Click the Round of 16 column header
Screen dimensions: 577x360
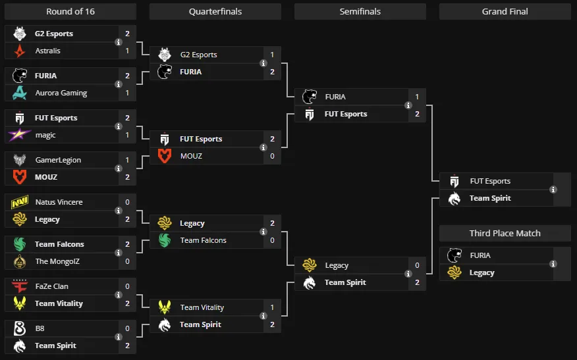pos(70,11)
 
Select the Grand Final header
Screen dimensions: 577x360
pos(505,11)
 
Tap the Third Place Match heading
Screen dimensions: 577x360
pos(505,233)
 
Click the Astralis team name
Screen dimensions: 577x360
pos(48,51)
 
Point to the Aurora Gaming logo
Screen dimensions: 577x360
pos(20,93)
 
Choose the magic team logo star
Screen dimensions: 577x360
pos(20,135)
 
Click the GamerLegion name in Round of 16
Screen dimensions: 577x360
pos(58,160)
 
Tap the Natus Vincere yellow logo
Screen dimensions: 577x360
pos(20,202)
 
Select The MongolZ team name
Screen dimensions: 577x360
pos(57,261)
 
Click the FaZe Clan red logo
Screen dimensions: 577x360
pos(20,286)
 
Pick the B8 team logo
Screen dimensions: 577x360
pos(20,328)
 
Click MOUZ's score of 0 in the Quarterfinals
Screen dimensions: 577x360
pos(272,156)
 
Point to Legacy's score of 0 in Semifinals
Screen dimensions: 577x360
pos(417,265)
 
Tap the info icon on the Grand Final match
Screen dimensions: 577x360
pos(553,190)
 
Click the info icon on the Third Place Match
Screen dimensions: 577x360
pos(553,264)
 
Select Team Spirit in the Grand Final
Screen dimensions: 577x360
pos(490,198)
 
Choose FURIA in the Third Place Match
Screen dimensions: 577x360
pos(480,255)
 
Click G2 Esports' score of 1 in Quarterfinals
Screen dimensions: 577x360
pos(272,55)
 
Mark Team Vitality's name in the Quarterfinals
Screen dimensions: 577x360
pos(202,307)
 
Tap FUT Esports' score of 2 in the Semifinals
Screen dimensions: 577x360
pos(417,114)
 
